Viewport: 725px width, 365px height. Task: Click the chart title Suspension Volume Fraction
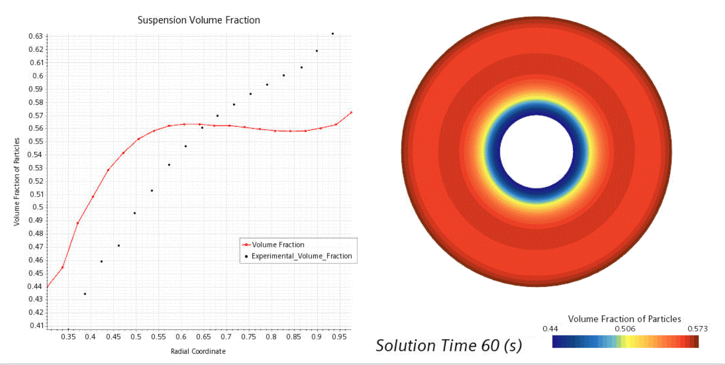pyautogui.click(x=199, y=20)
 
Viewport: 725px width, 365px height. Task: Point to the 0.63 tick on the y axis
pyautogui.click(x=36, y=36)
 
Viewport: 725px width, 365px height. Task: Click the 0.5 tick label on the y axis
pyautogui.click(x=38, y=207)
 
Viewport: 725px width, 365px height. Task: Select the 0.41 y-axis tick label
pyautogui.click(x=36, y=325)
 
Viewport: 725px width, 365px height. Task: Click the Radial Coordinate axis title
pyautogui.click(x=198, y=351)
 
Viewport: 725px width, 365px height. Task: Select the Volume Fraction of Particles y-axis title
pyautogui.click(x=17, y=182)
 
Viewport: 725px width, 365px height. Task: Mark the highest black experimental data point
pyautogui.click(x=332, y=33)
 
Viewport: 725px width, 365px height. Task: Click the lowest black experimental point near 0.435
pyautogui.click(x=85, y=293)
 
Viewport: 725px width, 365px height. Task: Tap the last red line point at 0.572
pyautogui.click(x=351, y=112)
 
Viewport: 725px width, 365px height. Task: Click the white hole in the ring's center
pyautogui.click(x=536, y=152)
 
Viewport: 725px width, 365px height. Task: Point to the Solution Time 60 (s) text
pyautogui.click(x=448, y=345)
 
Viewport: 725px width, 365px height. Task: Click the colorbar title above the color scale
pyautogui.click(x=624, y=319)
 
